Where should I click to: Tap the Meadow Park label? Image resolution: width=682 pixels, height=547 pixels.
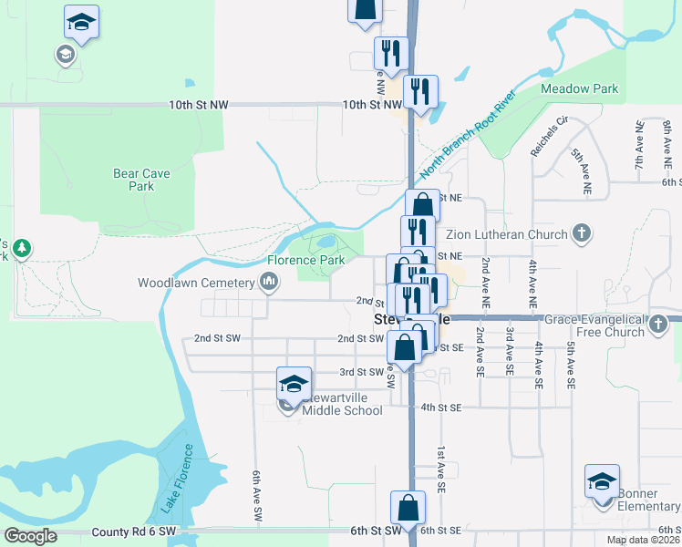[x=580, y=88]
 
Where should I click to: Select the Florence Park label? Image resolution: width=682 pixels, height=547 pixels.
[x=306, y=260]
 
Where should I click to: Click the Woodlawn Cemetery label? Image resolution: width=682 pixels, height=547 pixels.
[x=192, y=283]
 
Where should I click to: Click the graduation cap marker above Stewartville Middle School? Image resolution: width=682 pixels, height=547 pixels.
[x=294, y=383]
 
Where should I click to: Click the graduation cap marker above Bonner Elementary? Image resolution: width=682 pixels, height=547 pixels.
[x=603, y=480]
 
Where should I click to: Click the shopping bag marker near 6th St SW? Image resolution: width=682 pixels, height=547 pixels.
[x=408, y=508]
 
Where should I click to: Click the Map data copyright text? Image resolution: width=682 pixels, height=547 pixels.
[x=643, y=540]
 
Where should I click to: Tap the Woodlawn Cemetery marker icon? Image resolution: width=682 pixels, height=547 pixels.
[x=269, y=283]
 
